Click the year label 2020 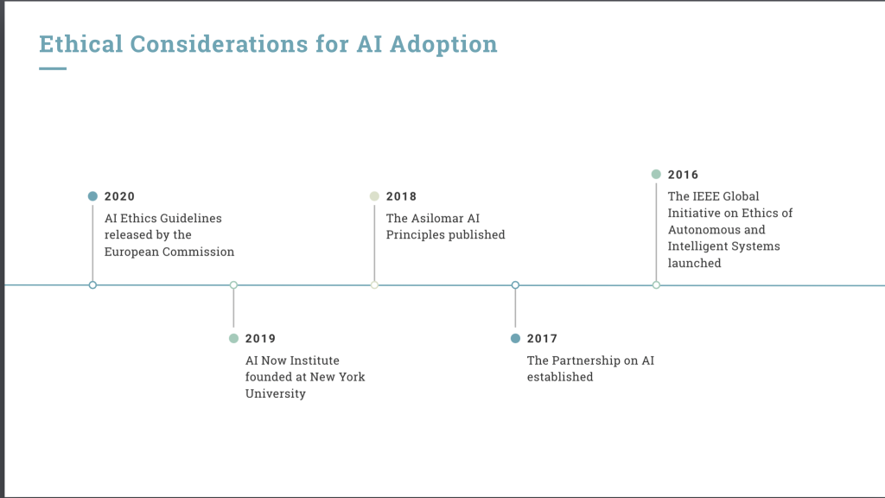pyautogui.click(x=119, y=196)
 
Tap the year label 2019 pyautogui.click(x=260, y=339)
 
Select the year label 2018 pyautogui.click(x=401, y=196)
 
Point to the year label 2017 pyautogui.click(x=542, y=339)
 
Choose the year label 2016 pyautogui.click(x=683, y=175)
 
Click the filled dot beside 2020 pyautogui.click(x=92, y=196)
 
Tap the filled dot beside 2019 pyautogui.click(x=233, y=338)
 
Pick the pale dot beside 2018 pyautogui.click(x=374, y=196)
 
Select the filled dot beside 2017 pyautogui.click(x=515, y=338)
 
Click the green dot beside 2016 pyautogui.click(x=656, y=175)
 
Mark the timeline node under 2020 pyautogui.click(x=92, y=285)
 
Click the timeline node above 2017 pyautogui.click(x=515, y=285)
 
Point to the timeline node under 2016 pyautogui.click(x=656, y=285)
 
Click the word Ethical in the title pyautogui.click(x=80, y=44)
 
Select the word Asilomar pyautogui.click(x=438, y=219)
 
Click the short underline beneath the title pyautogui.click(x=53, y=69)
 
